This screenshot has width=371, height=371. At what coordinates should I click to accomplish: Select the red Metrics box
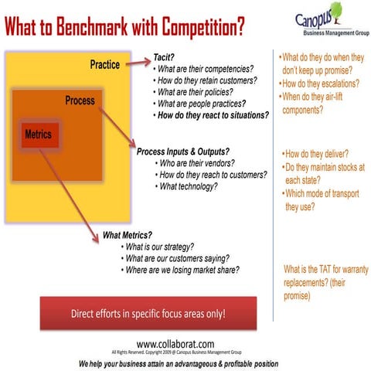pos(38,134)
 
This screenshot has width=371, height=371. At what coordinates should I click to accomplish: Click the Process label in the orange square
pos(80,101)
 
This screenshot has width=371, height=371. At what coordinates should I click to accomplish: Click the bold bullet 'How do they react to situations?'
pos(213,114)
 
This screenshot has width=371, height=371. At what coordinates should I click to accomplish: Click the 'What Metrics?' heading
pos(128,235)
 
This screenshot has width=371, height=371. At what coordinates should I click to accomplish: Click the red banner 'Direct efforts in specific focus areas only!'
pos(147,315)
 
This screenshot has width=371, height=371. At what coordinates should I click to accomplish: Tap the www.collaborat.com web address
pos(176,343)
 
